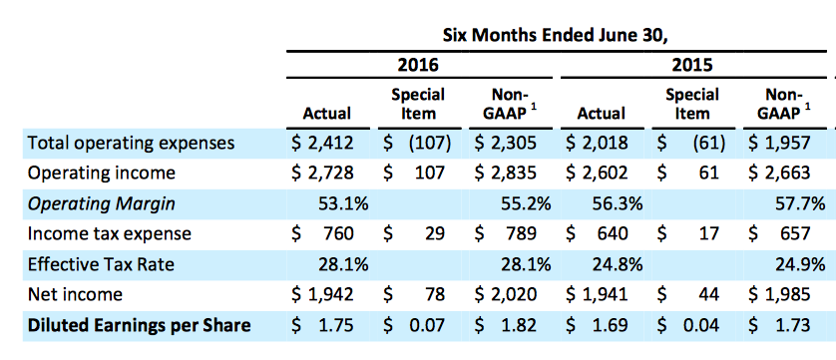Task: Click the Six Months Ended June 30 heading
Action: pyautogui.click(x=556, y=35)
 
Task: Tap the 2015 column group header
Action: pyautogui.click(x=691, y=65)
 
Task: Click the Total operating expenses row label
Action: pyautogui.click(x=131, y=144)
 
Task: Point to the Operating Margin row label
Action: pyautogui.click(x=102, y=204)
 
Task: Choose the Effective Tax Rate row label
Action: pyautogui.click(x=101, y=264)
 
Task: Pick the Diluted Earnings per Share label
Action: pyautogui.click(x=139, y=325)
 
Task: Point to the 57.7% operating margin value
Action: pyautogui.click(x=800, y=204)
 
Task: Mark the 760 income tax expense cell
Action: pyautogui.click(x=338, y=234)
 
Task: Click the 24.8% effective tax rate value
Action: pyautogui.click(x=617, y=264)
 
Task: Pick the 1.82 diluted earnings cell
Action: pyautogui.click(x=517, y=325)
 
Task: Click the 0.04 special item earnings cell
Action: pyautogui.click(x=700, y=325)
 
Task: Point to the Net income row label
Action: pyautogui.click(x=75, y=294)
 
